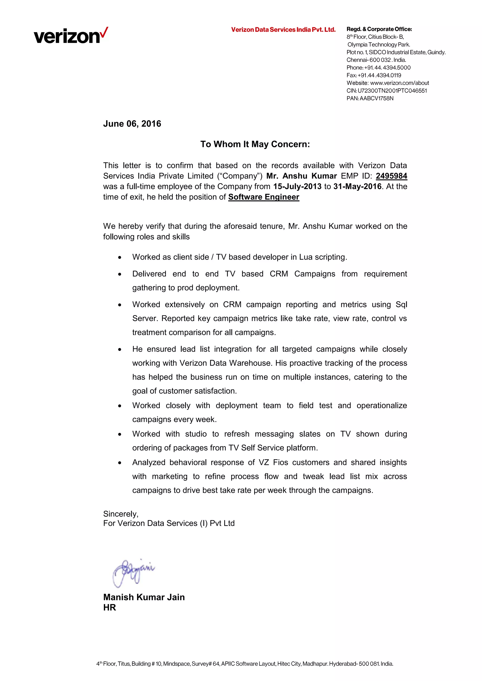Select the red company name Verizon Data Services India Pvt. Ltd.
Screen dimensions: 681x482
tap(283, 30)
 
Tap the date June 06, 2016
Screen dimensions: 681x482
tap(132, 124)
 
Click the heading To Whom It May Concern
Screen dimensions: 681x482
tap(255, 144)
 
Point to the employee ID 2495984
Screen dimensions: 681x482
tap(391, 176)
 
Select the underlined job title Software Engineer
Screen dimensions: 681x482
tap(264, 197)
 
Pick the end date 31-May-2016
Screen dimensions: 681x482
tap(357, 186)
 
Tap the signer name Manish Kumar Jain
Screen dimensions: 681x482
tap(144, 597)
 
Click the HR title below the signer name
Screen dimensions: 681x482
tap(109, 607)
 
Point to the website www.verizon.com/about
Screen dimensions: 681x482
tap(399, 83)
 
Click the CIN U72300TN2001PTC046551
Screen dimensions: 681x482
tap(392, 91)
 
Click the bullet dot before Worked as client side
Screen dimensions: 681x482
tap(120, 257)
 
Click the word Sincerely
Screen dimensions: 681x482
tap(120, 514)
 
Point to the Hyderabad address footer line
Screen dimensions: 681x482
tap(245, 664)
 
